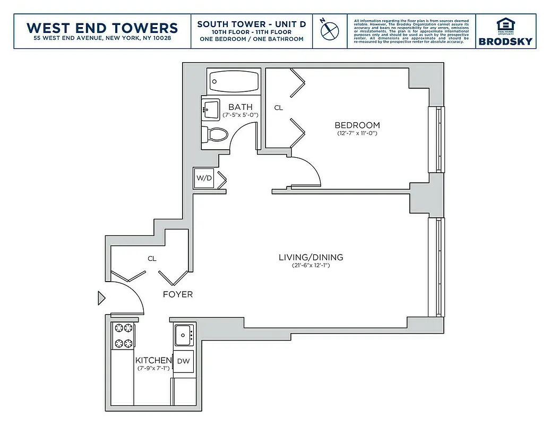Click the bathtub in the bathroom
pos(234,82)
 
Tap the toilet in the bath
pos(212,134)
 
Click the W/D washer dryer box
pos(204,178)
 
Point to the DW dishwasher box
pos(183,361)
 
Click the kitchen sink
pos(184,335)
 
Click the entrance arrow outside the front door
pos(101,299)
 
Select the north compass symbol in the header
pos(330,30)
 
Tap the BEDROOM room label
pos(357,125)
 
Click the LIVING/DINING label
pos(311,258)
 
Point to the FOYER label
pos(177,294)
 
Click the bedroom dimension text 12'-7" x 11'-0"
pos(357,133)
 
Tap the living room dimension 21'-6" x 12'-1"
pos(311,266)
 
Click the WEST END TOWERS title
pos(102,27)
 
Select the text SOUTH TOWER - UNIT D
pos(251,24)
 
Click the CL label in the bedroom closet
pos(279,108)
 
